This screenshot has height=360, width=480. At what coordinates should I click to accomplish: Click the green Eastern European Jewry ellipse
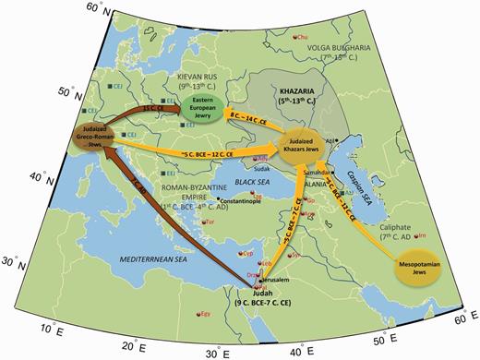point(204,105)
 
